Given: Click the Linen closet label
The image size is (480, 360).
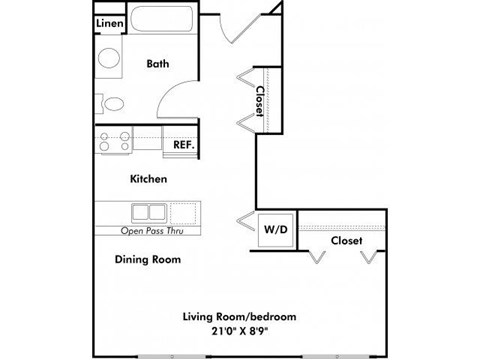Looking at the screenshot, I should pos(109,23).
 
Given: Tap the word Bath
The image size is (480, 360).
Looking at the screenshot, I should pos(158,63).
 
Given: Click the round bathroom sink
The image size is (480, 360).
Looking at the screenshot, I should pos(109,59).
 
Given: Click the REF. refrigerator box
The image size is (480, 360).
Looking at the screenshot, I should pos(183,144).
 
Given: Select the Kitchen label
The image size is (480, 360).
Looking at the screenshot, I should pos(148,179).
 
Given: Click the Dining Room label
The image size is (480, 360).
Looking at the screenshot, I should pos(147,258).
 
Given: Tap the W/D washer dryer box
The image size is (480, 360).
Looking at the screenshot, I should pos(275,229).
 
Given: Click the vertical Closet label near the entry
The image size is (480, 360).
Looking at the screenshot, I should pos(260,101).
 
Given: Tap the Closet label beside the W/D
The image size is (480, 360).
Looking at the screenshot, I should pos(346,240).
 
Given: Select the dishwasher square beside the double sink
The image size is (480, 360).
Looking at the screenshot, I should pos(183,212).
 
